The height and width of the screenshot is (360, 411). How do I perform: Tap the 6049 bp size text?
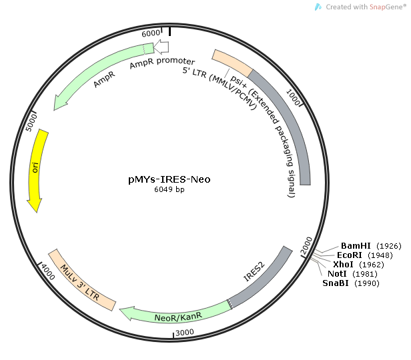pyautogui.click(x=169, y=190)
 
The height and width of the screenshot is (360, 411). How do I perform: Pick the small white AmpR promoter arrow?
pyautogui.click(x=161, y=48)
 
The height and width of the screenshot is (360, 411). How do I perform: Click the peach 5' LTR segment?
pyautogui.click(x=232, y=61)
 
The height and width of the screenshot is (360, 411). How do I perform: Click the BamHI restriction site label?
pyautogui.click(x=355, y=246)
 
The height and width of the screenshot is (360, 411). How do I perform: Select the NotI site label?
pyautogui.click(x=341, y=274)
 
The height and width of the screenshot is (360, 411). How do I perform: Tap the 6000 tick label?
pyautogui.click(x=152, y=33)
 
